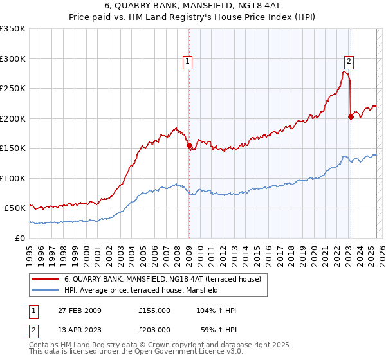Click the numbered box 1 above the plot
[x=187, y=62]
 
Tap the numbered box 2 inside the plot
[x=349, y=62]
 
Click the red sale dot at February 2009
[x=189, y=146]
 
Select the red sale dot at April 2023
[x=351, y=116]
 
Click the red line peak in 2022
[x=345, y=71]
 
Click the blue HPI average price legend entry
[x=141, y=291]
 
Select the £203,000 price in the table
[x=154, y=330]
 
